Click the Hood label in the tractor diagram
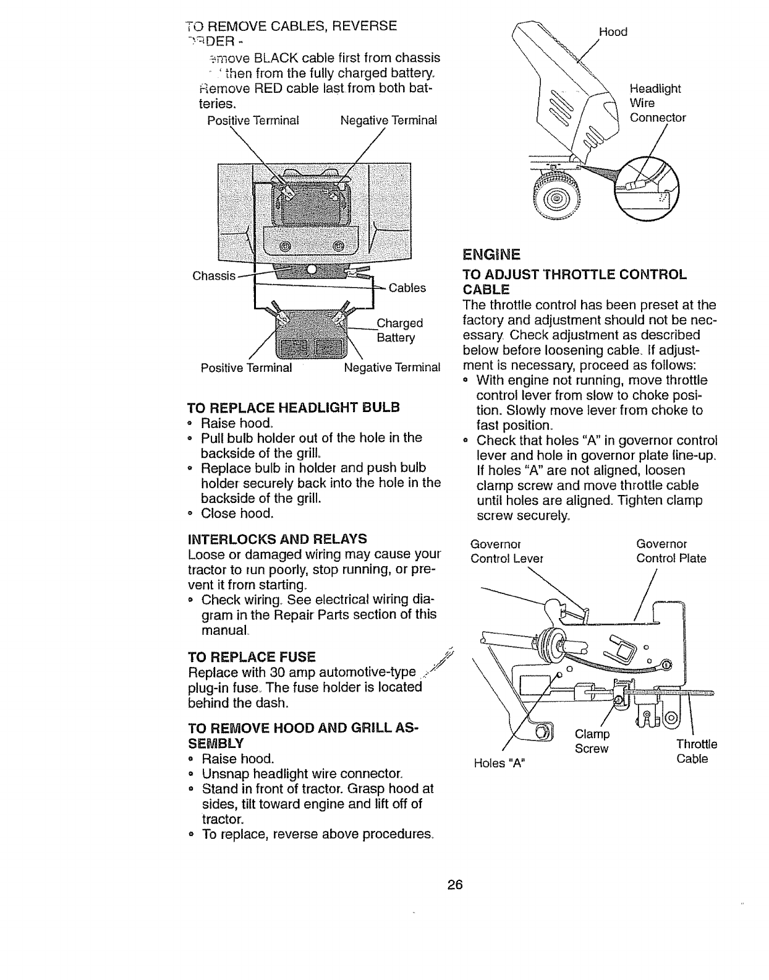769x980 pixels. tap(613, 32)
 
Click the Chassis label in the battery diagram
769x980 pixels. tap(214, 275)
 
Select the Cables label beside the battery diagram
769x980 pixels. tap(407, 288)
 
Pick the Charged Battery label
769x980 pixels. tap(399, 330)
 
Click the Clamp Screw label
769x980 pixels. tap(592, 741)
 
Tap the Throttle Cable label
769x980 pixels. tap(696, 751)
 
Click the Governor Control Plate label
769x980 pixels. tap(671, 551)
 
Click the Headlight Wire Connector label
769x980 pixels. tap(657, 103)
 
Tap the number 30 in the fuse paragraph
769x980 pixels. tap(259, 673)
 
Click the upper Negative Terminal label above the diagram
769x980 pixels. tap(388, 120)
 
